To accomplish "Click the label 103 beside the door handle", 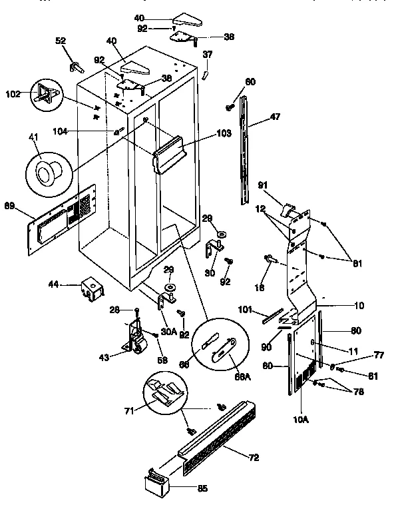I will (223, 134).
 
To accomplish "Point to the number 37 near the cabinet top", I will (208, 56).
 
